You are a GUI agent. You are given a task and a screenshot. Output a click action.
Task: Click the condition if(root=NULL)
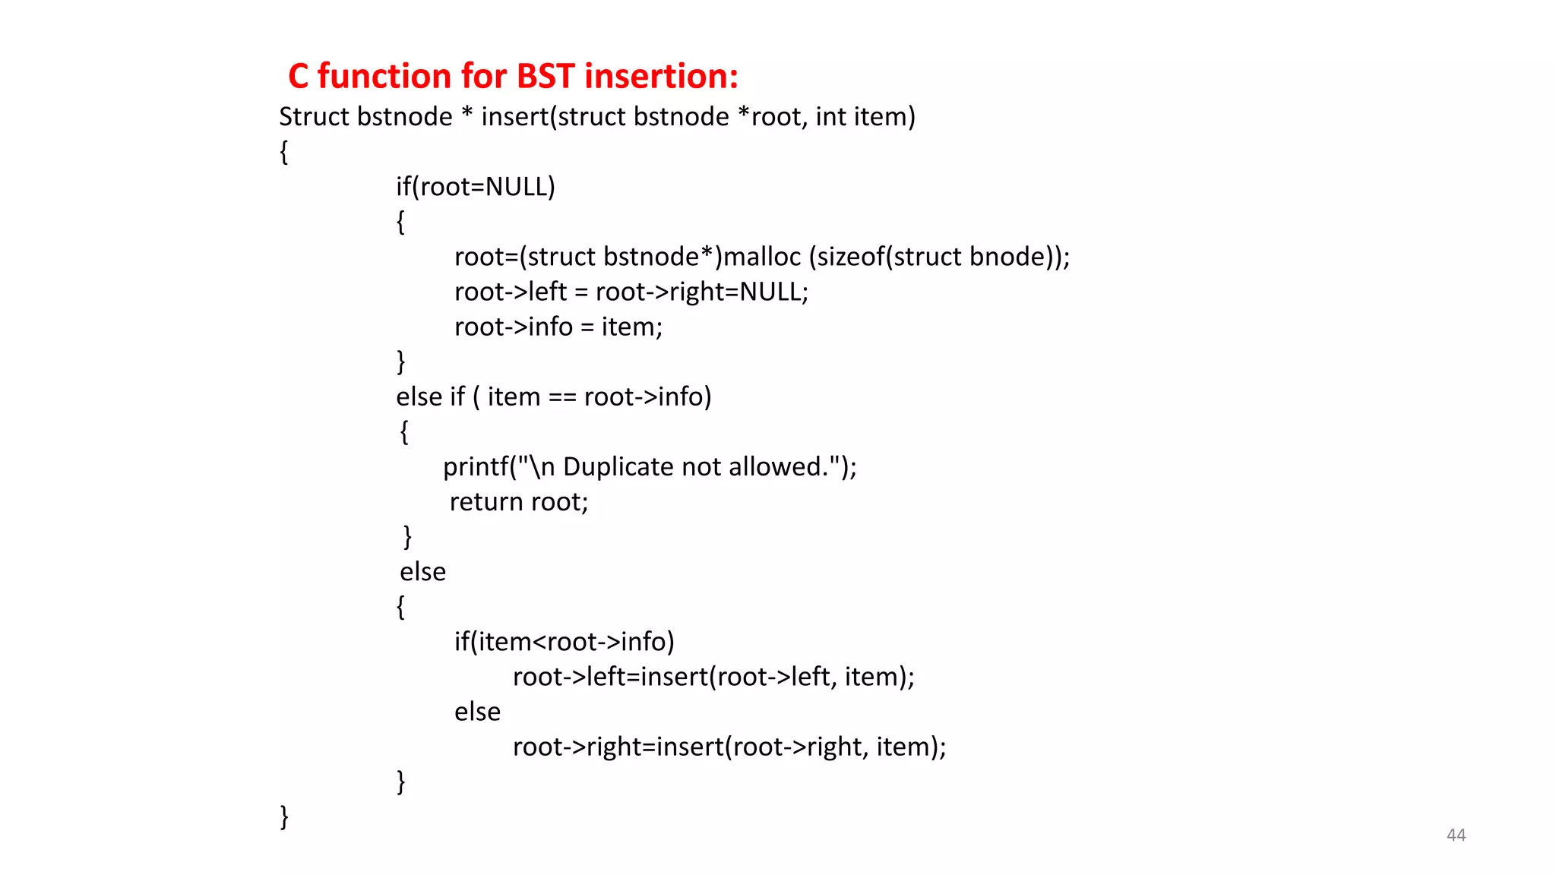click(x=476, y=187)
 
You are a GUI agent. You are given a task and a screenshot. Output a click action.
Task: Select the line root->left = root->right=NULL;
click(x=631, y=292)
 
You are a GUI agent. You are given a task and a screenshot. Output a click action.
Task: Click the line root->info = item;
click(x=558, y=327)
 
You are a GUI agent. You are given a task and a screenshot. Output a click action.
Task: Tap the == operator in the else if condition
click(x=562, y=397)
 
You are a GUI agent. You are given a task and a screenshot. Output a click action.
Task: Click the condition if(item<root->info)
click(x=565, y=642)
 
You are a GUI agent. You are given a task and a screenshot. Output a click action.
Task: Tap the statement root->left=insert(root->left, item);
click(x=713, y=677)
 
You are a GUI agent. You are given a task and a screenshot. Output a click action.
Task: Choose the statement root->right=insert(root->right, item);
click(x=729, y=747)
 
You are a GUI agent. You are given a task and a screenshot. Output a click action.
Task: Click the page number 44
click(x=1456, y=835)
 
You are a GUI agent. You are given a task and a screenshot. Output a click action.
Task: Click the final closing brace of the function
click(x=285, y=817)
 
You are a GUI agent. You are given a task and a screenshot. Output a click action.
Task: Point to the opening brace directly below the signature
click(x=284, y=152)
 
